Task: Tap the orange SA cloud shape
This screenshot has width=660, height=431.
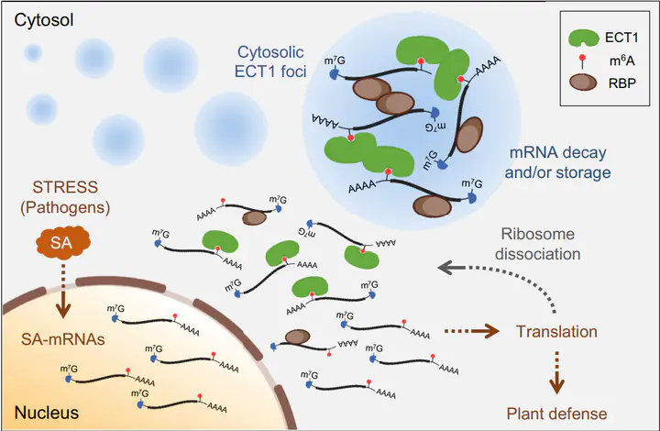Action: tap(58, 245)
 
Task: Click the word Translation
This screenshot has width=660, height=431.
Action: tap(557, 331)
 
